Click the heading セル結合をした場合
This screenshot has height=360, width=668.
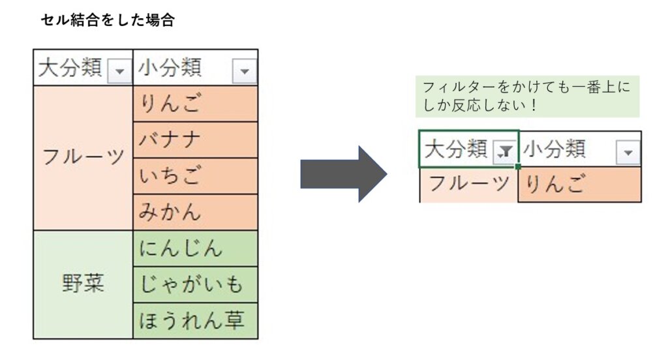108,20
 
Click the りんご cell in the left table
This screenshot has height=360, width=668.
195,104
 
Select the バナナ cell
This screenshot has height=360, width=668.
195,140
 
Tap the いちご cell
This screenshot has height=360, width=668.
195,176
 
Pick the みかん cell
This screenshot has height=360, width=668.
195,212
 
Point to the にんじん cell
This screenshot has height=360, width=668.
195,249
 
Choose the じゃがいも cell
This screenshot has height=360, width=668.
195,284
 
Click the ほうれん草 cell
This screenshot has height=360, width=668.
195,321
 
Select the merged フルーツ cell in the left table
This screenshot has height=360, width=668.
83,158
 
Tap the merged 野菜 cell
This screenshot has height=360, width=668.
83,284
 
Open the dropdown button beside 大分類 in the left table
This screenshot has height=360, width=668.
120,70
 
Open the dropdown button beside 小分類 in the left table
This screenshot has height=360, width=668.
245,70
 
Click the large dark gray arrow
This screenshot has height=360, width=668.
344,174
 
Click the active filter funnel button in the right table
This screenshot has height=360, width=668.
505,151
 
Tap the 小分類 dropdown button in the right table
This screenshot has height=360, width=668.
628,152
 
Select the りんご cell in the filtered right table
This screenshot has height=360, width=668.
579,185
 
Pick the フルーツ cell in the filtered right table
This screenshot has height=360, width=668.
468,185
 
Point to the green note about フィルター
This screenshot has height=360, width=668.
527,97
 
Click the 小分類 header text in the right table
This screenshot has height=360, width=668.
554,149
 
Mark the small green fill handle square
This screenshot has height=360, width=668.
518,166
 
